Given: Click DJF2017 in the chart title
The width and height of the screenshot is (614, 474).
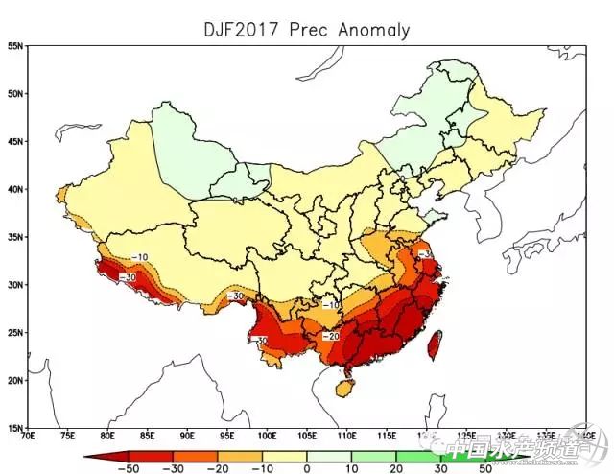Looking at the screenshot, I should point(240,30).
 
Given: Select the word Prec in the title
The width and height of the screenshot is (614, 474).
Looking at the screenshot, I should point(308,30).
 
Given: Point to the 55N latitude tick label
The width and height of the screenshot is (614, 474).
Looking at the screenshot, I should point(15,46).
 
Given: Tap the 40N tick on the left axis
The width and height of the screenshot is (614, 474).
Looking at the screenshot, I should point(15,189).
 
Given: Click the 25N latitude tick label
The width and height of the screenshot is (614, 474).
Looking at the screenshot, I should point(15,332).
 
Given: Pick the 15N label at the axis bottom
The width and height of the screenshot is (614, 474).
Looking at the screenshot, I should point(15,427).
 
